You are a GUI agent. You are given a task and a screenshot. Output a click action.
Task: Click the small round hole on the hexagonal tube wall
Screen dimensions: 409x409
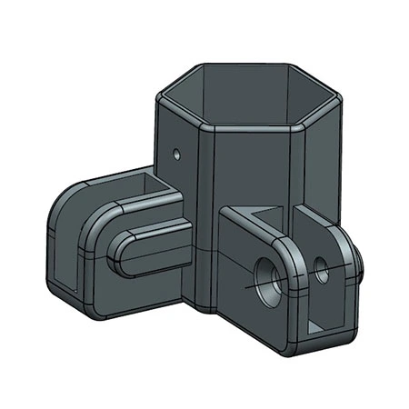click(x=177, y=150)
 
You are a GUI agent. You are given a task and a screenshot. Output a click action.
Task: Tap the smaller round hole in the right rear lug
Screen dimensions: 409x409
click(x=320, y=267)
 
